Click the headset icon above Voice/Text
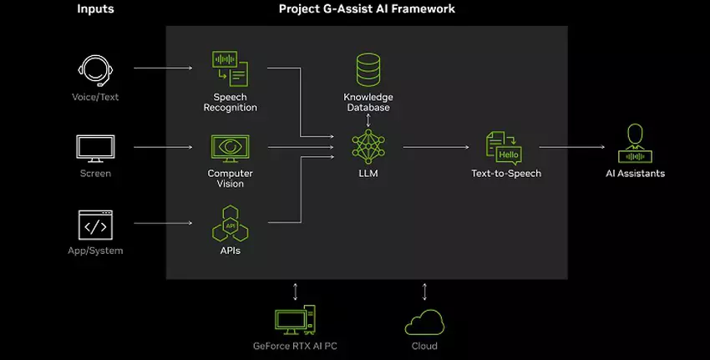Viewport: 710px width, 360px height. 95,71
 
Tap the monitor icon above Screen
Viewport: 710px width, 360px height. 95,148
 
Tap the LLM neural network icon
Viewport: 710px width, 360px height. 368,147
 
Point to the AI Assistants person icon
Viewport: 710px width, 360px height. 635,145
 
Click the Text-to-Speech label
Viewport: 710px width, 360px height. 505,174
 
